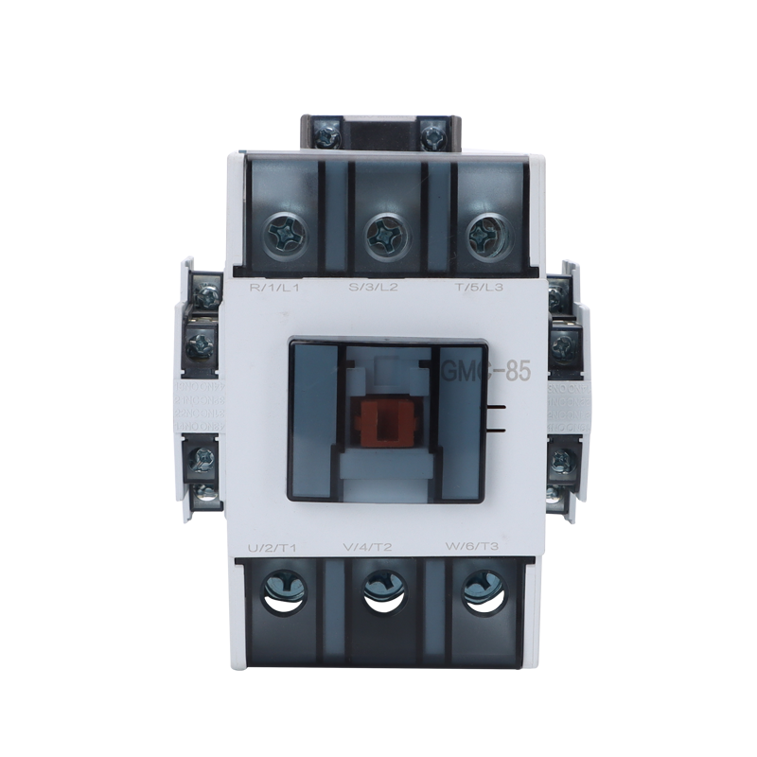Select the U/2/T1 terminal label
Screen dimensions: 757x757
(x=273, y=546)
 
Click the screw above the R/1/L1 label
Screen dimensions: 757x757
(x=282, y=231)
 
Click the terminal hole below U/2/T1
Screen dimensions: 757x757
(x=283, y=590)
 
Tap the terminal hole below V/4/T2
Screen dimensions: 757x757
(x=383, y=590)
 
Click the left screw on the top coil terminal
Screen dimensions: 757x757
(x=327, y=136)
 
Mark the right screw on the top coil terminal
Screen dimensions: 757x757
(x=434, y=136)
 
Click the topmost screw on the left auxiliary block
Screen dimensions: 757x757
(x=204, y=297)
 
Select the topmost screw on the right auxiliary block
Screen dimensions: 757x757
(x=558, y=297)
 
